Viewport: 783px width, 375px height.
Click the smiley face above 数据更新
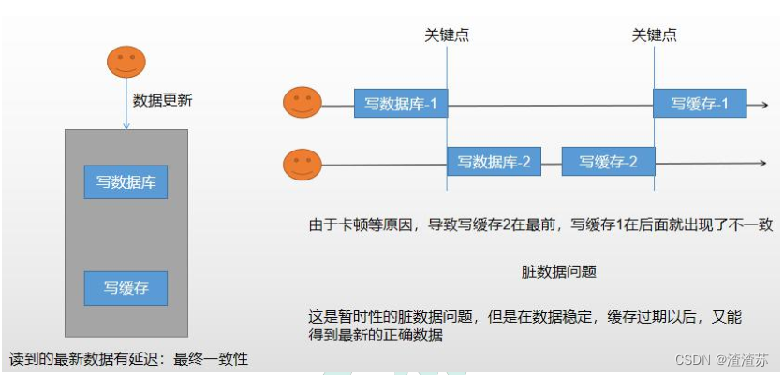pyautogui.click(x=125, y=62)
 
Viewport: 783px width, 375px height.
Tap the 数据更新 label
pyautogui.click(x=163, y=100)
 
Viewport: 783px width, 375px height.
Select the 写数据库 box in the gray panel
pyautogui.click(x=126, y=181)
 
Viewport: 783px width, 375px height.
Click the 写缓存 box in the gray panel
pyautogui.click(x=126, y=288)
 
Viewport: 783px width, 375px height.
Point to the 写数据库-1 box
pyautogui.click(x=401, y=103)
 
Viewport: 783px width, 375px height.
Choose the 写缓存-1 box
pyautogui.click(x=700, y=103)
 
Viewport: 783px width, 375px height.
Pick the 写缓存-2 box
pyautogui.click(x=608, y=162)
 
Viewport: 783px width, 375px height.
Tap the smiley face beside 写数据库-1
pyautogui.click(x=303, y=103)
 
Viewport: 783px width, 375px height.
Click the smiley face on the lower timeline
pyautogui.click(x=303, y=165)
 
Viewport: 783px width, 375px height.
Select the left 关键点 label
pyautogui.click(x=447, y=36)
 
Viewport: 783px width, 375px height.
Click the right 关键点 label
pyautogui.click(x=655, y=36)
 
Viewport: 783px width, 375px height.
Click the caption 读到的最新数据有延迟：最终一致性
pyautogui.click(x=128, y=358)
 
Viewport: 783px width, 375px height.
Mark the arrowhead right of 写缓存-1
pyautogui.click(x=763, y=104)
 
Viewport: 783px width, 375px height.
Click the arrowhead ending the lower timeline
pyautogui.click(x=763, y=163)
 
